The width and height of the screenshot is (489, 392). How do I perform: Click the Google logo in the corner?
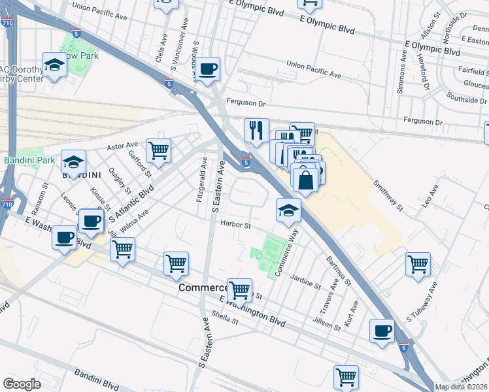tap(22, 384)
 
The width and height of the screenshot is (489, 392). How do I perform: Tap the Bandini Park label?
tap(29, 159)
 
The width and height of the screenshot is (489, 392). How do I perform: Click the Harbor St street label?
tap(236, 225)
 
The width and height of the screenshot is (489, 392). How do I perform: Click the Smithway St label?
tap(387, 195)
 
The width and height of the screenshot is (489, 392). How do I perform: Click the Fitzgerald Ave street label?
tap(202, 178)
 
